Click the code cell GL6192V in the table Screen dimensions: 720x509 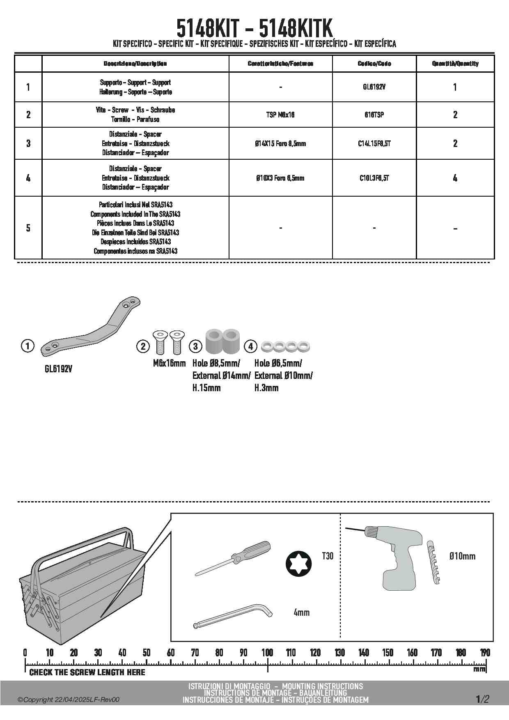click(x=374, y=87)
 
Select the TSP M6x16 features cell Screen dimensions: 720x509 click(x=280, y=115)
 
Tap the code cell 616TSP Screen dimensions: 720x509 click(x=374, y=115)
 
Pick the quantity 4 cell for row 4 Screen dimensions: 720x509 click(x=455, y=178)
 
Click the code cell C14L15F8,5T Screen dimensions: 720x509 click(x=374, y=143)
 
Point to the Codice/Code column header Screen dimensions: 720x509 click(x=374, y=64)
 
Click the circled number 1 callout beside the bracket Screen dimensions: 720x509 click(x=28, y=346)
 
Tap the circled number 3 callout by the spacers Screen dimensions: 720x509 click(x=195, y=346)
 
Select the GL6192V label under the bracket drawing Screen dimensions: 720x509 click(x=58, y=369)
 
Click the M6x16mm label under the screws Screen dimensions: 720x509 click(x=169, y=363)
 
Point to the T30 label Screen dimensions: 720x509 click(x=327, y=556)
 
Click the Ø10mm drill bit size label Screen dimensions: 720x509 click(x=462, y=556)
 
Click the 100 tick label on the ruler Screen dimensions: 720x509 click(x=267, y=653)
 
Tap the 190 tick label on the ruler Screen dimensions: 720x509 click(x=485, y=653)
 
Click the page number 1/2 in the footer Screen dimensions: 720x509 click(x=482, y=699)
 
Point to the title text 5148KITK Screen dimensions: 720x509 click(x=296, y=29)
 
